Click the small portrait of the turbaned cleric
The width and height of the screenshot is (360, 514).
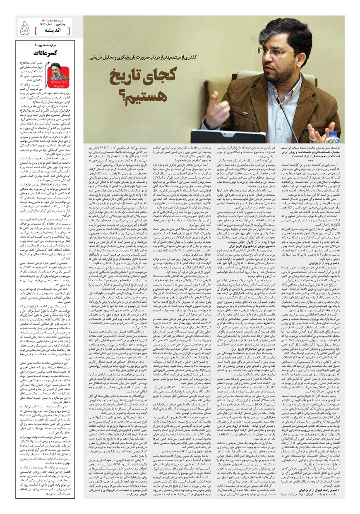[58, 70]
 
